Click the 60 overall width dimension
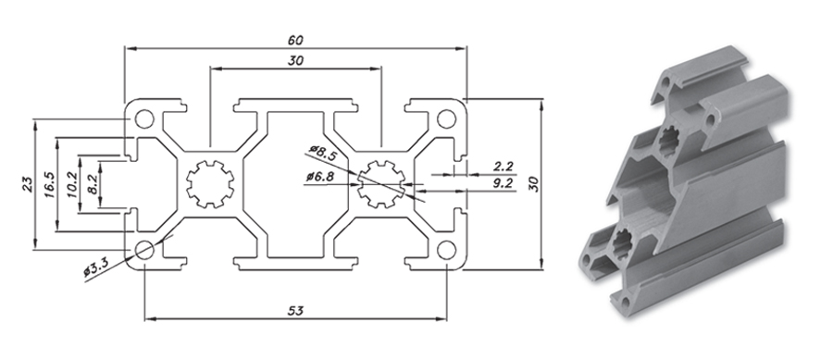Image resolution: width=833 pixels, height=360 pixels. coord(295,41)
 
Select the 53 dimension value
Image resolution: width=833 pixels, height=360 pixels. coord(295,311)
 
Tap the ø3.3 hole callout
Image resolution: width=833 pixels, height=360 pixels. coord(96,267)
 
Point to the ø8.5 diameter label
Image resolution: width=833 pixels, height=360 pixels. coord(322,153)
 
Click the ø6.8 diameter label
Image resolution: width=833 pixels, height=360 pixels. coord(320,177)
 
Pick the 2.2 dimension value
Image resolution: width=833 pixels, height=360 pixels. coord(503,167)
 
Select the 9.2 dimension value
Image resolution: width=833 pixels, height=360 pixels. coord(503,184)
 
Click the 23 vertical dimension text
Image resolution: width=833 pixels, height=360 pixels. coord(28,184)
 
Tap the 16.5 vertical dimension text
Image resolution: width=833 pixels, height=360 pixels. coord(50,184)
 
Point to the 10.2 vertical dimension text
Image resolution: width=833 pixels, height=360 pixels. coord(72,184)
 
